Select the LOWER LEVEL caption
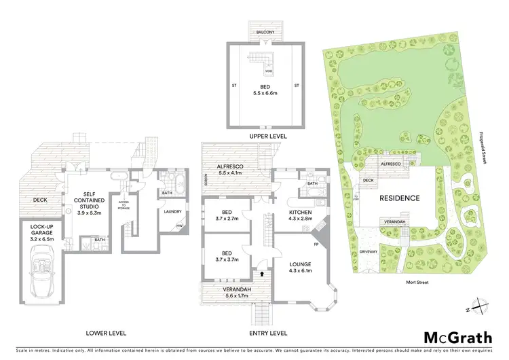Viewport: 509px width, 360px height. (107, 333)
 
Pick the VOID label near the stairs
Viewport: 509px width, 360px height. (269, 71)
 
